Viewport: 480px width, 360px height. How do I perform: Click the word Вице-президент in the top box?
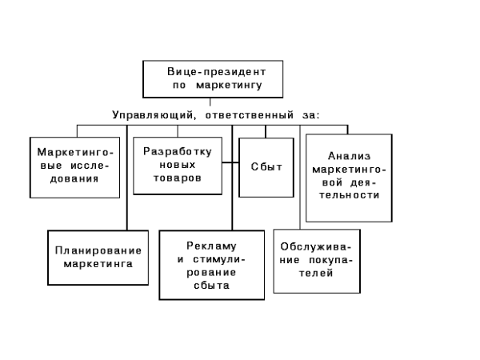(x=217, y=72)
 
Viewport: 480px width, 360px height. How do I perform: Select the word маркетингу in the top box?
(x=229, y=85)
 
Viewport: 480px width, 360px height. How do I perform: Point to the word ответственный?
(x=249, y=115)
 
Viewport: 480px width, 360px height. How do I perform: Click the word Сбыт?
(x=266, y=167)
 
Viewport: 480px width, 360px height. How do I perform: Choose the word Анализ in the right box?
(x=349, y=156)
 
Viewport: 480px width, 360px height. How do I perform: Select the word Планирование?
(x=98, y=250)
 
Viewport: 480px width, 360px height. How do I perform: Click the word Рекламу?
(x=211, y=246)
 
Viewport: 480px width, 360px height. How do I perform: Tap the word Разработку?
(x=178, y=152)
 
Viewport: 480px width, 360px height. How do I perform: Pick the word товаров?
(x=178, y=178)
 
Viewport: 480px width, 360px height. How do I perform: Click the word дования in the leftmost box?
(x=74, y=178)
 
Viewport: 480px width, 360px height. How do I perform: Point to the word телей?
(x=316, y=273)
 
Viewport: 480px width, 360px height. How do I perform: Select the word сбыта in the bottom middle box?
(x=211, y=286)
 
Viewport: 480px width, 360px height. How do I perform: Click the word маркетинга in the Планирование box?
(x=98, y=264)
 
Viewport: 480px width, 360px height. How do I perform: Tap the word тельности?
(x=349, y=195)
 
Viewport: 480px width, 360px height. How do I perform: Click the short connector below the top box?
(x=210, y=102)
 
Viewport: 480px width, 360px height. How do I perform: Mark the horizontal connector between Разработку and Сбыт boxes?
(x=230, y=162)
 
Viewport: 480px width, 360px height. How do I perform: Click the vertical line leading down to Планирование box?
(x=127, y=178)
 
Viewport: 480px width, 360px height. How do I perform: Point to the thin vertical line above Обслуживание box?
(x=300, y=178)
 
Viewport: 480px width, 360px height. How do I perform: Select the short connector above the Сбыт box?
(x=266, y=132)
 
